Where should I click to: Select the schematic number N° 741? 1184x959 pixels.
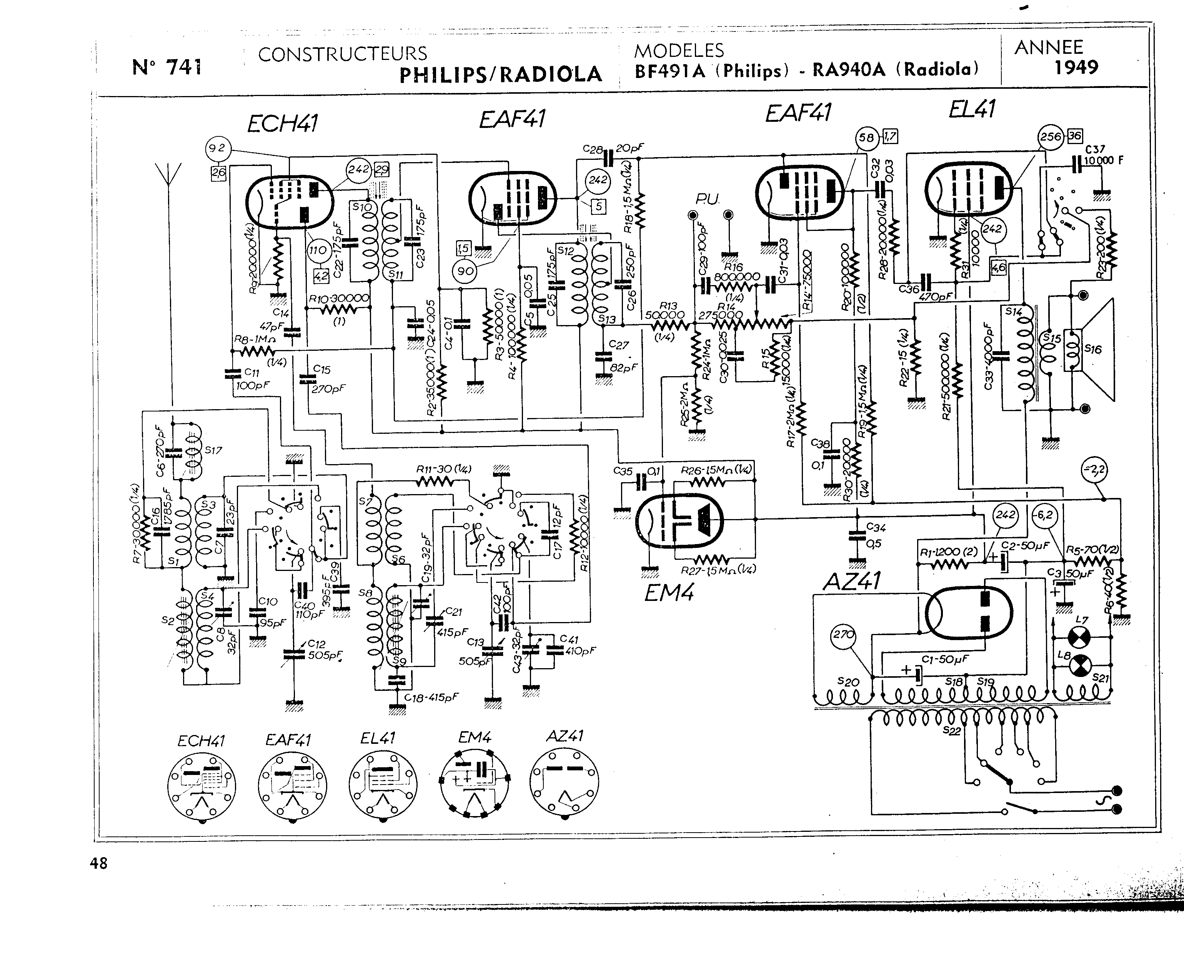coord(167,67)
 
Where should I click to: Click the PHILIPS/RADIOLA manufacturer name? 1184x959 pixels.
coord(500,75)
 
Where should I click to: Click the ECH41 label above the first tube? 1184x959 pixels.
coord(282,123)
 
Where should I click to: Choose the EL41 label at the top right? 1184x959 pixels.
coord(971,110)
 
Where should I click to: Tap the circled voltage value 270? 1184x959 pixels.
coord(843,635)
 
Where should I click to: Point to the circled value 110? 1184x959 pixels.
coord(317,250)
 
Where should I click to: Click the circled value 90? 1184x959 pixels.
coord(465,271)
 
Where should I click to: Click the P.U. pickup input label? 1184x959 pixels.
coord(708,199)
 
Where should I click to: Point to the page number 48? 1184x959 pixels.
coord(98,863)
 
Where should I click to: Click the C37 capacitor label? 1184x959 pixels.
coord(1094,149)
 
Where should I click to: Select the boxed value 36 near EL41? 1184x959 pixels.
coord(1074,136)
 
